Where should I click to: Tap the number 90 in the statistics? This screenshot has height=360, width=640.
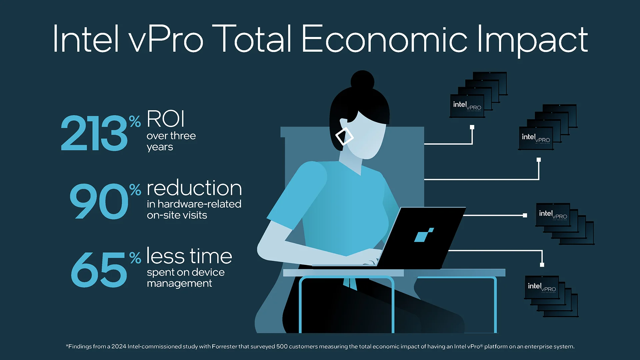click(x=99, y=201)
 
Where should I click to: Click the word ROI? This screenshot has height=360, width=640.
click(x=165, y=119)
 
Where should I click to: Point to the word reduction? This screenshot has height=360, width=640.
click(x=194, y=188)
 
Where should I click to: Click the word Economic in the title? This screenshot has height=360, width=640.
click(x=384, y=39)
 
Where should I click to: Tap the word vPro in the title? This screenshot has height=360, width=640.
click(x=166, y=39)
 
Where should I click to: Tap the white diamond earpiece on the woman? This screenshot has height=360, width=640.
click(x=344, y=136)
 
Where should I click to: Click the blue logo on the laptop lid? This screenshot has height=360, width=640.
click(x=424, y=235)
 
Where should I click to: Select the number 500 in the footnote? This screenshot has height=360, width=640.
click(x=282, y=347)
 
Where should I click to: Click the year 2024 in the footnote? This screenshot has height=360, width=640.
click(x=119, y=347)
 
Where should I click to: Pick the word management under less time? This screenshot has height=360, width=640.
click(x=179, y=283)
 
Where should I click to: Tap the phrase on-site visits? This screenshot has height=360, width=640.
click(x=177, y=215)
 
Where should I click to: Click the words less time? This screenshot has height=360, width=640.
click(x=189, y=256)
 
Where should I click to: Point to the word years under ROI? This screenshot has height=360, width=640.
click(x=160, y=147)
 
